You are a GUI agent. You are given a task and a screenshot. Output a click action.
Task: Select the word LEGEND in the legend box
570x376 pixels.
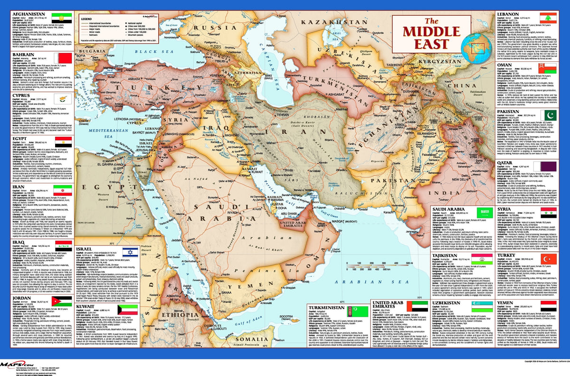point(89,19)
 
